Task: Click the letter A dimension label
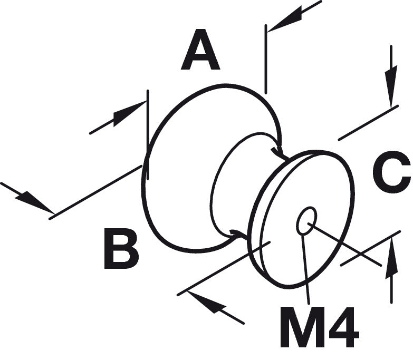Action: pyautogui.click(x=200, y=50)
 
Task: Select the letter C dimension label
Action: pyautogui.click(x=392, y=172)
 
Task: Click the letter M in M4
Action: pyautogui.click(x=299, y=327)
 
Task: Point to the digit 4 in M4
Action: pyautogui.click(x=341, y=327)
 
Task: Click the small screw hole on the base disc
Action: pyautogui.click(x=306, y=220)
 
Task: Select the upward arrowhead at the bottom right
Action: pyautogui.click(x=391, y=258)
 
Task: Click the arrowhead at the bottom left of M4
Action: pyautogui.click(x=206, y=302)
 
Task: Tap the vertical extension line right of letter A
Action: pyautogui.click(x=266, y=59)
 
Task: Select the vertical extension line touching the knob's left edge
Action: pyautogui.click(x=148, y=135)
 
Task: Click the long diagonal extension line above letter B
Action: pyautogui.click(x=95, y=192)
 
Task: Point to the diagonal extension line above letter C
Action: pyautogui.click(x=368, y=123)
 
